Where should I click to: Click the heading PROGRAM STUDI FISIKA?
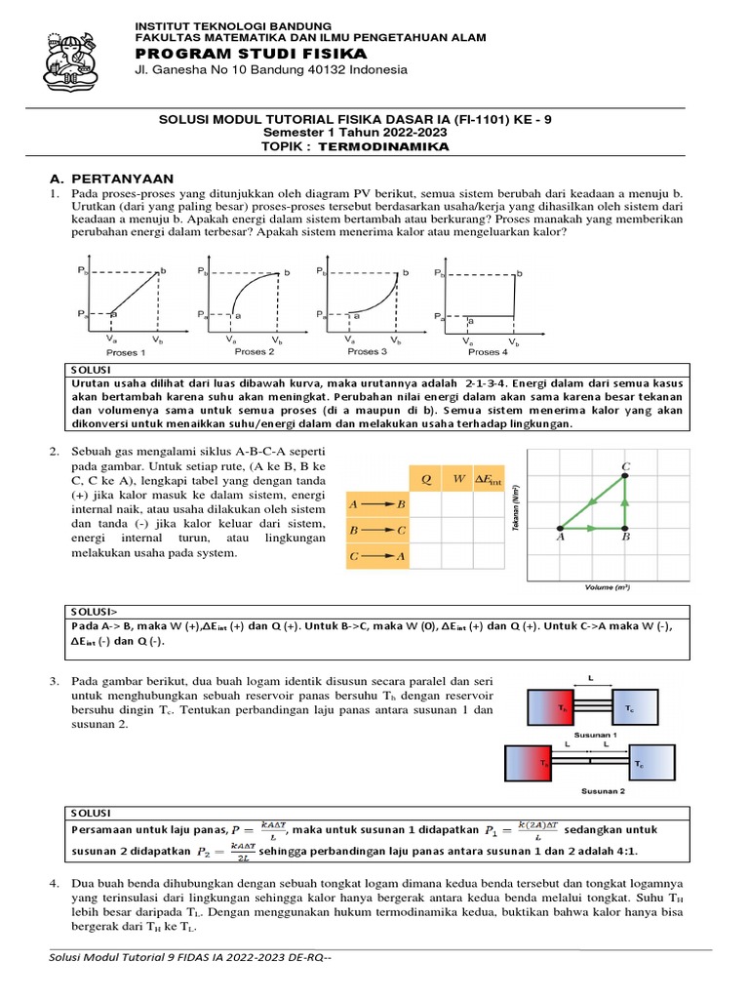point(250,53)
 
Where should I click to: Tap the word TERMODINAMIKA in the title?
point(397,146)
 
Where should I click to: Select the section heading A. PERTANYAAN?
point(111,179)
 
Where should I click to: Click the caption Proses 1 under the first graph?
point(126,352)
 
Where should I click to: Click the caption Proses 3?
point(368,351)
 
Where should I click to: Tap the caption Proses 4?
point(488,352)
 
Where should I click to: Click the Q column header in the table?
point(425,479)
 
